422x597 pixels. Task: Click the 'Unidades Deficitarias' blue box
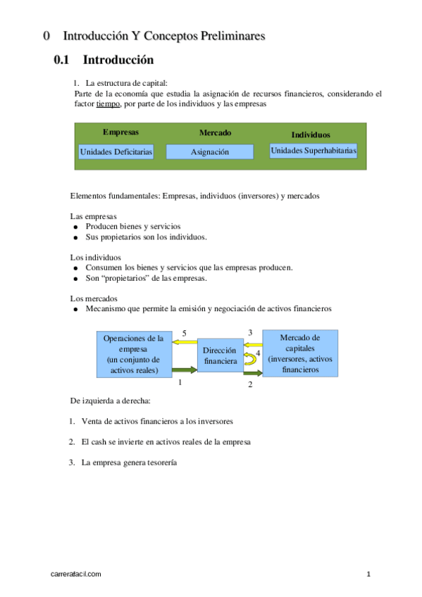point(116,151)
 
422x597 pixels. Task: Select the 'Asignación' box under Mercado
point(209,151)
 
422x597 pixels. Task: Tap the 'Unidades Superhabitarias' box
point(314,150)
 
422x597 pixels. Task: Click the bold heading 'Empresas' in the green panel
point(120,132)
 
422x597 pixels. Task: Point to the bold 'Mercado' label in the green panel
point(215,132)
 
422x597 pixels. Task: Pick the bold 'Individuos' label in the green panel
point(311,134)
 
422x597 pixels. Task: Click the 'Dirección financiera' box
point(220,356)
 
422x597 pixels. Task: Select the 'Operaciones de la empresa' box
point(133,353)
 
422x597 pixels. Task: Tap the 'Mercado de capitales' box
point(300,353)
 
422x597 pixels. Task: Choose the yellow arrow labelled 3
point(252,342)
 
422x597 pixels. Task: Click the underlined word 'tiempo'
point(108,103)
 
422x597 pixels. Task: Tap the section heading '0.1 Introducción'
point(104,61)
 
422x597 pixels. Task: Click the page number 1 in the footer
point(368,574)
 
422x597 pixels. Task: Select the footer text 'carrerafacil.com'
point(77,574)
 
